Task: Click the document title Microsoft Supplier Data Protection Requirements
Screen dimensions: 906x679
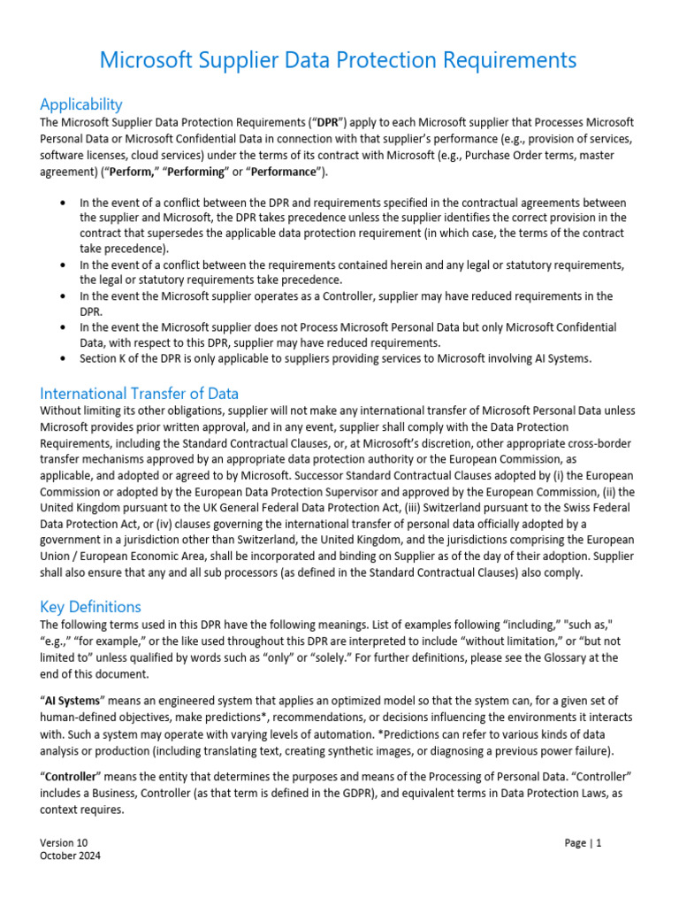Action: (x=339, y=60)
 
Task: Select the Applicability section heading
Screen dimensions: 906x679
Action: (x=81, y=104)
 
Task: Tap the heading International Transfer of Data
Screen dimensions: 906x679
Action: (x=139, y=394)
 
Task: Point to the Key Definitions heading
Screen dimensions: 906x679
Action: (x=90, y=607)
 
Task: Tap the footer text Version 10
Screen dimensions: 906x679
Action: (x=65, y=843)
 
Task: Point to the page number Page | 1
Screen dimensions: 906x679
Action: (x=583, y=843)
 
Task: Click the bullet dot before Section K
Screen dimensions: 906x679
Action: (x=62, y=358)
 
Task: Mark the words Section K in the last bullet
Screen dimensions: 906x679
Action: (x=104, y=358)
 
